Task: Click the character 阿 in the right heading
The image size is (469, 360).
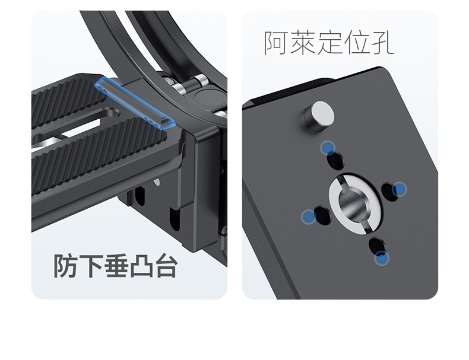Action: [x=276, y=43]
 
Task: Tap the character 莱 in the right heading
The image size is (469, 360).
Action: [x=302, y=43]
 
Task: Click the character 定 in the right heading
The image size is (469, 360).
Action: [x=329, y=43]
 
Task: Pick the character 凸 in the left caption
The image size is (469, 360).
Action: [x=141, y=266]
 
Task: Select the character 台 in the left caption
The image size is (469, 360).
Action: [x=166, y=266]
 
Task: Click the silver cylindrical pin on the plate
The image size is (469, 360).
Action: [x=319, y=116]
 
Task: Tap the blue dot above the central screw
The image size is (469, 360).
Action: [x=328, y=148]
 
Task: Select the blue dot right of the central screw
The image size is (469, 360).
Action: [x=399, y=189]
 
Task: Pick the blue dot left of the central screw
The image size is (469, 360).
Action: [x=308, y=216]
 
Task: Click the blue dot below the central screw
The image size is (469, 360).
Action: [x=382, y=259]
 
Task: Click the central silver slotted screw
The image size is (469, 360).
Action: [x=356, y=202]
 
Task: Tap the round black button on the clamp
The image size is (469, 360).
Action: [x=205, y=97]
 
